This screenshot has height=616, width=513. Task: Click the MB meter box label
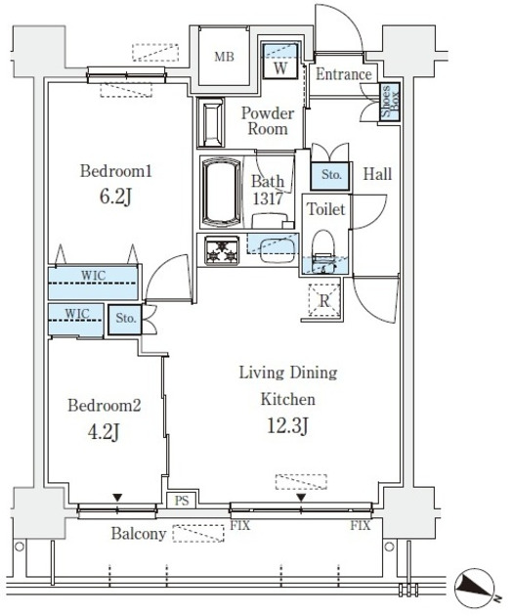point(224,57)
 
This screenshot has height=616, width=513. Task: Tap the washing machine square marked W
point(279,61)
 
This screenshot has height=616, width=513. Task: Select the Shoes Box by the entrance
point(390,102)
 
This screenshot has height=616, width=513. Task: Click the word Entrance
point(343,74)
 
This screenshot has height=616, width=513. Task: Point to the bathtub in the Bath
point(221,192)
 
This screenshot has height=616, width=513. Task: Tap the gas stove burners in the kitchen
point(222,250)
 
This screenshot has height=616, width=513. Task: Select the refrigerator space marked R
point(324,300)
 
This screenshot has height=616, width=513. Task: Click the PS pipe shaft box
point(182,500)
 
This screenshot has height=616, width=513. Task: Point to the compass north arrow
point(474,585)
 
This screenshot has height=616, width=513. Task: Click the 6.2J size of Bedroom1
point(115,197)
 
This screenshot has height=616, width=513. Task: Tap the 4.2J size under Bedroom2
point(104,432)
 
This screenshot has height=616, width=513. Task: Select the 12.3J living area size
point(287,425)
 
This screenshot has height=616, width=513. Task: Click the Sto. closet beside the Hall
point(330,175)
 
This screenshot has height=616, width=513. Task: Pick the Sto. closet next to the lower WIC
point(125,319)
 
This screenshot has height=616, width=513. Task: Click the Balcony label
point(139,534)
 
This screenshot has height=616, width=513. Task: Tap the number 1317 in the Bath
point(268,198)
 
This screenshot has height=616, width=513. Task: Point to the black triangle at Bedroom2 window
point(117,498)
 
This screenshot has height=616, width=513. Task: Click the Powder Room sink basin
point(212,122)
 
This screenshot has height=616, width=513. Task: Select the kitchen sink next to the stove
point(278,250)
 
